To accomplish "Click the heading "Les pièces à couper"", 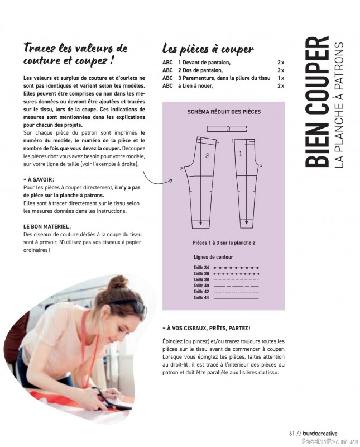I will pos(208,49).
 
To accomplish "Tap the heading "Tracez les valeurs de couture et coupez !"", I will pos(76,54).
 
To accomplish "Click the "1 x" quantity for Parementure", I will pos(280,78).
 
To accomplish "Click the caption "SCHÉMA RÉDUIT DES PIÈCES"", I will pos(224,112).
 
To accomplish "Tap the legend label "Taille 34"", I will pos(201,268).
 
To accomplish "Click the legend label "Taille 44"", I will pos(201,297).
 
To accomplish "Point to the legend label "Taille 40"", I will pos(201,286).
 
